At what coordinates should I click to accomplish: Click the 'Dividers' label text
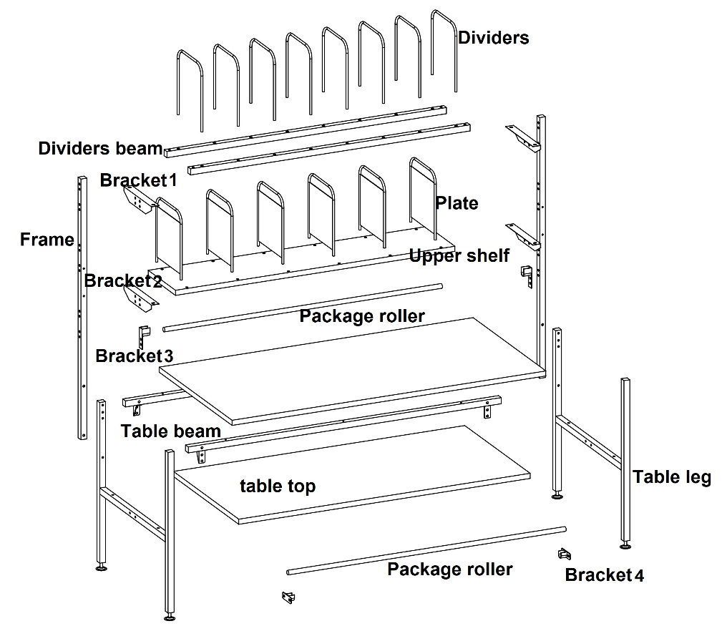pyautogui.click(x=494, y=38)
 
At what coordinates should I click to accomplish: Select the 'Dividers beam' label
pyautogui.click(x=100, y=149)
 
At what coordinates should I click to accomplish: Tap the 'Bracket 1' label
pyautogui.click(x=138, y=180)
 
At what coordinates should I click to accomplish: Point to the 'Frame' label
pyautogui.click(x=47, y=240)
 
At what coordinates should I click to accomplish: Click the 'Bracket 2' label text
pyautogui.click(x=123, y=280)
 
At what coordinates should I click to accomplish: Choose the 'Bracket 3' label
pyautogui.click(x=134, y=356)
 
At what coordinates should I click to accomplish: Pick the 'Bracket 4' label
pyautogui.click(x=604, y=575)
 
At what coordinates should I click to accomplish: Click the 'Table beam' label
pyautogui.click(x=170, y=431)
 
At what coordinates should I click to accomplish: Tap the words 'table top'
pyautogui.click(x=278, y=486)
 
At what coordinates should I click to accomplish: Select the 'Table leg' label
pyautogui.click(x=671, y=477)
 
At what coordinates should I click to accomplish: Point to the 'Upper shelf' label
pyautogui.click(x=459, y=255)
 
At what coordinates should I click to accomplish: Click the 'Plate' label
pyautogui.click(x=457, y=203)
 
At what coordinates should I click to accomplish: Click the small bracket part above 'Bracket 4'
pyautogui.click(x=565, y=554)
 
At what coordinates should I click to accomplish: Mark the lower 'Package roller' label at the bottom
pyautogui.click(x=449, y=569)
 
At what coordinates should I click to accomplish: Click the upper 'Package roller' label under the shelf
pyautogui.click(x=361, y=315)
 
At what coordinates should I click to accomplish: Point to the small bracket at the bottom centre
pyautogui.click(x=288, y=597)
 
